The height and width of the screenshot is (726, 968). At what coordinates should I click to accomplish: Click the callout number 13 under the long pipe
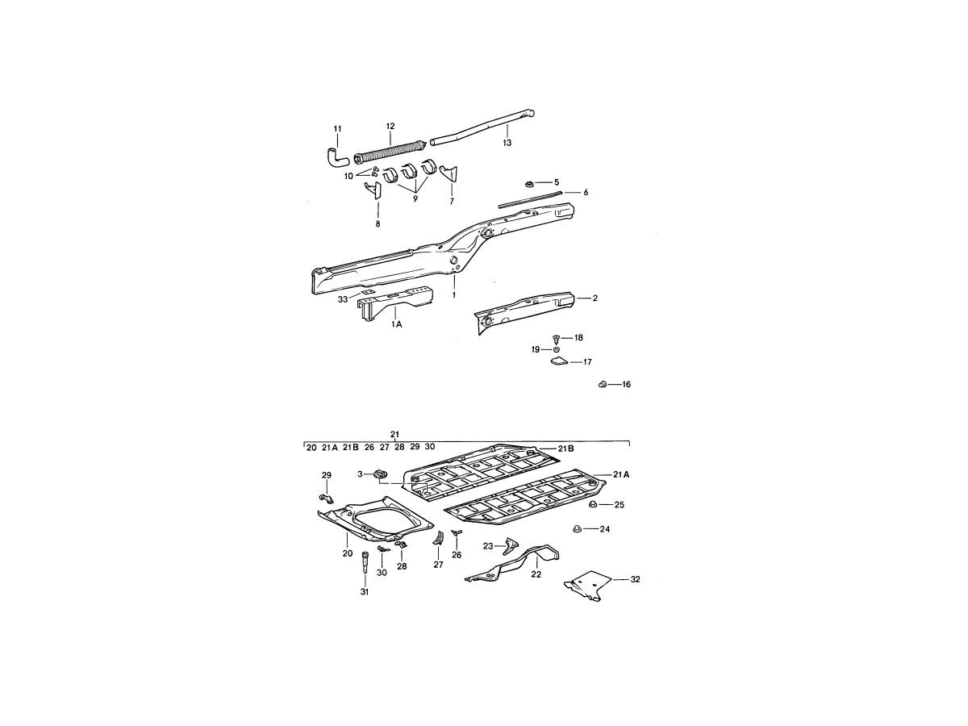coord(507,143)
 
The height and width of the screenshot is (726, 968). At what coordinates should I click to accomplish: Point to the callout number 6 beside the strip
coord(586,192)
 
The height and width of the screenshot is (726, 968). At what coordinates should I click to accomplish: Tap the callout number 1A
coord(396,325)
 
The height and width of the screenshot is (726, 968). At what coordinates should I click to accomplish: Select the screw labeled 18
coord(556,339)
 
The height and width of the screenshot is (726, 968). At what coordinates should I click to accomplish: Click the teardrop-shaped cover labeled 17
coord(559,361)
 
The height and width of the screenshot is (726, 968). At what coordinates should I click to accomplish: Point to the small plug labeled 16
coord(603,385)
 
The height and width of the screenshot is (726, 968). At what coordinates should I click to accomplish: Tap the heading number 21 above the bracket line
coord(394,435)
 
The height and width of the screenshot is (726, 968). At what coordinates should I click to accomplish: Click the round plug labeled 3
coord(380,474)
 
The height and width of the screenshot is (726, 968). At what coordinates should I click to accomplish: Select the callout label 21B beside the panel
coord(565,449)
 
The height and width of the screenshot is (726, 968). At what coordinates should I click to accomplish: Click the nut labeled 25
coord(593,504)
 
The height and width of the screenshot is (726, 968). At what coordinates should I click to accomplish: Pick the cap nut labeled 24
coord(577,528)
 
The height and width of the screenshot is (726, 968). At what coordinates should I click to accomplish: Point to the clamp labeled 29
coord(326,499)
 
